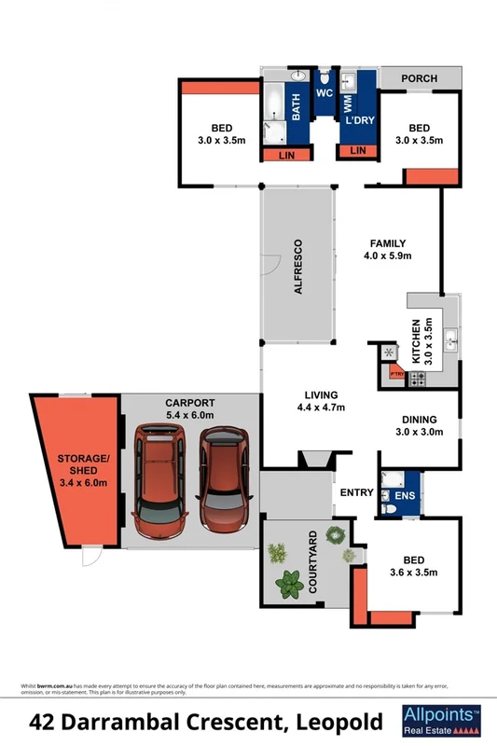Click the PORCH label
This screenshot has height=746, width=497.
pyautogui.click(x=419, y=78)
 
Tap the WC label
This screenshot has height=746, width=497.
pyautogui.click(x=324, y=94)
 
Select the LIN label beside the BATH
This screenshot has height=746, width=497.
pyautogui.click(x=287, y=155)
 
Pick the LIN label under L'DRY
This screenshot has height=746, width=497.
pyautogui.click(x=357, y=151)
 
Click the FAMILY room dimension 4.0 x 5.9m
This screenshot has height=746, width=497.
pyautogui.click(x=387, y=256)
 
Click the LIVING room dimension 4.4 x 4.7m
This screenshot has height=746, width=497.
pyautogui.click(x=320, y=408)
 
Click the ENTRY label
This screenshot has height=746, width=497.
pyautogui.click(x=356, y=492)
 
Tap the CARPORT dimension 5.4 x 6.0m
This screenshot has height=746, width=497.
pyautogui.click(x=189, y=415)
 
